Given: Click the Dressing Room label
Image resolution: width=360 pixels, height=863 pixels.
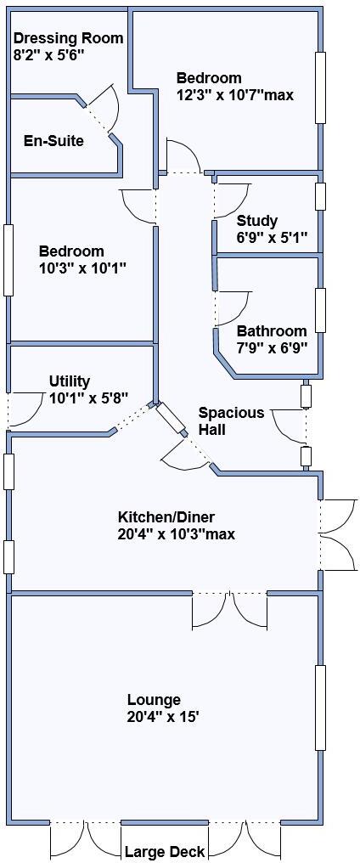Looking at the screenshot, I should click(68, 38).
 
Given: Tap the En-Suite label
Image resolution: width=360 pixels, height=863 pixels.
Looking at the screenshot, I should click(53, 141).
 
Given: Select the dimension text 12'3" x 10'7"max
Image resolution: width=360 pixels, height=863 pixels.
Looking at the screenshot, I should click(235, 95).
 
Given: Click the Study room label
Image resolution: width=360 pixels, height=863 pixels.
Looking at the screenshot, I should click(257, 221).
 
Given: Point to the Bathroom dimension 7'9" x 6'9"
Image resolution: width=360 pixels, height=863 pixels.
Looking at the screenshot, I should click(272, 347).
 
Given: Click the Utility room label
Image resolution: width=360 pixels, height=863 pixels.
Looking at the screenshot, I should click(69, 381).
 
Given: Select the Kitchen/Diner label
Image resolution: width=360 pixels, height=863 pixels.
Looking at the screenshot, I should click(166, 517).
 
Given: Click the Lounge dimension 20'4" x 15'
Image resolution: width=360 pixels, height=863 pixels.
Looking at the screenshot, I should click(163, 717).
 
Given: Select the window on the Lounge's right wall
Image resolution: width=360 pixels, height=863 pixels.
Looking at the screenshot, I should click(320, 707).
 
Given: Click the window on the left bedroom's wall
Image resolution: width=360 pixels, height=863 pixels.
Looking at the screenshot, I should click(8, 259).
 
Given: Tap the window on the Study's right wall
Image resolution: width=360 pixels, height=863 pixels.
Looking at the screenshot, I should click(320, 195).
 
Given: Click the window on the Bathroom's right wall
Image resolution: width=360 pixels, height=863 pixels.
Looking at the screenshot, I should click(320, 310).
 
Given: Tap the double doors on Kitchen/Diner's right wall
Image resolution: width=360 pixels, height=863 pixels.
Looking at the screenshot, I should click(337, 535).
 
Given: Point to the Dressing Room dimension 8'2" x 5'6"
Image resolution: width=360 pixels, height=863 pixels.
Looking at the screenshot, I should click(48, 54).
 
